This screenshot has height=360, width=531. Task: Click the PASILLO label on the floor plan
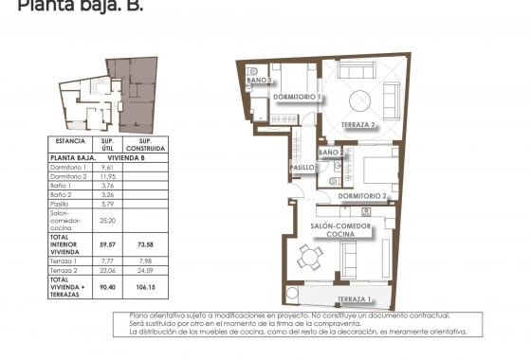coord(302,168)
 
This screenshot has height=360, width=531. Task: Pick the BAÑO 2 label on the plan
coord(330,152)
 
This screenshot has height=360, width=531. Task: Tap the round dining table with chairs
coord(305,257)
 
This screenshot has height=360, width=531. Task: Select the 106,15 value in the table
coord(145,286)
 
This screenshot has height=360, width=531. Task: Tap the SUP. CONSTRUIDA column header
coord(145,144)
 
